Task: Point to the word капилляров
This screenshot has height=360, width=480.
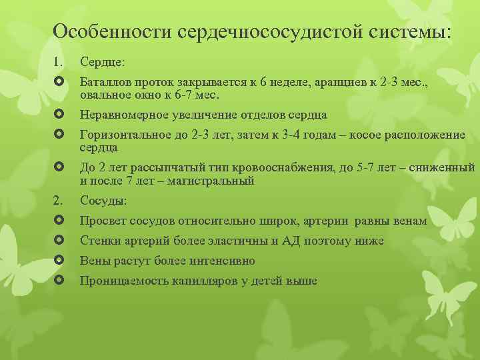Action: [x=205, y=281]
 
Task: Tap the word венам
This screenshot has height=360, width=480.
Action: [x=409, y=220]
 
